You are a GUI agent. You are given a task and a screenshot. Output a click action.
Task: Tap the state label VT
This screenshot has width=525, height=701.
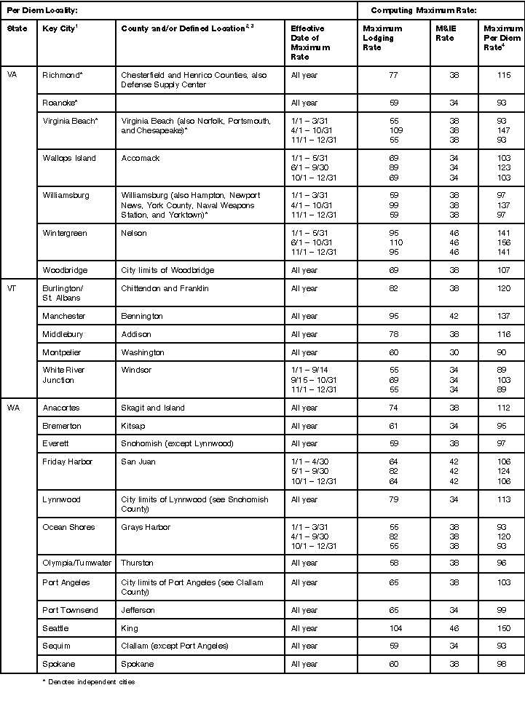[x=12, y=288]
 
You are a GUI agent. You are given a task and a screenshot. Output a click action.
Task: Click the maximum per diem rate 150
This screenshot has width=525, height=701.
[x=502, y=628]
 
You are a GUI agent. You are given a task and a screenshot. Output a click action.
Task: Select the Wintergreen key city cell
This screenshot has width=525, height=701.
[x=64, y=233]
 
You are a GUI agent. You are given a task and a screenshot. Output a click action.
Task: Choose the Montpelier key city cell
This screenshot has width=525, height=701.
[x=62, y=352]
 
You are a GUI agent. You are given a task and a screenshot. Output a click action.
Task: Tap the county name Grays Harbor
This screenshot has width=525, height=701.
[x=146, y=527]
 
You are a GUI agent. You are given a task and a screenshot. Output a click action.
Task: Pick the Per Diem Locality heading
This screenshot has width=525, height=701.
[x=42, y=10]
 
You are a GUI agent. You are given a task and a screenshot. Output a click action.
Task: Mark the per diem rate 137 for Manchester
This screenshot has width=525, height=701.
[x=502, y=316]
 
